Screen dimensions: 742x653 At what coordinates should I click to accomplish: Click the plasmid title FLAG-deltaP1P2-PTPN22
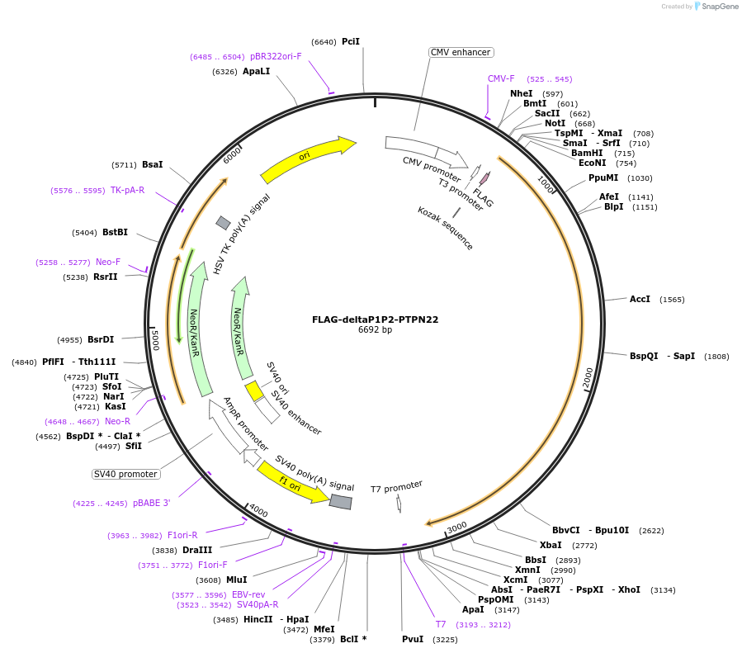(x=375, y=319)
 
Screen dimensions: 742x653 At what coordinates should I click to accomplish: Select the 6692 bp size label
(x=375, y=330)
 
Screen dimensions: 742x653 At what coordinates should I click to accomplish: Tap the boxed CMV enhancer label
(x=461, y=52)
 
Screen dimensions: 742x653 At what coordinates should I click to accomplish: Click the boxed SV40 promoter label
(x=126, y=474)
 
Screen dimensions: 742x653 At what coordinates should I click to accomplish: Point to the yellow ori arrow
(x=307, y=158)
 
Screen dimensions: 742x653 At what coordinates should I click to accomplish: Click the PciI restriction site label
(x=351, y=41)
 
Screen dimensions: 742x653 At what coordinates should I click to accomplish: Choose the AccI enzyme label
(x=640, y=299)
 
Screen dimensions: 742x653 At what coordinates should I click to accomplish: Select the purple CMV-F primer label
(x=501, y=79)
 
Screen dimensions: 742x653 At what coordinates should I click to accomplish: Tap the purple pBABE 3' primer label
(x=151, y=503)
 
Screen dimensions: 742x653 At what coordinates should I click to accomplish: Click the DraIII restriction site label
(x=197, y=550)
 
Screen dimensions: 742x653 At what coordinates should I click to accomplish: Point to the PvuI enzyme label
(x=413, y=639)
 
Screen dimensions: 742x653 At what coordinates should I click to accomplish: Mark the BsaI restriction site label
(x=153, y=164)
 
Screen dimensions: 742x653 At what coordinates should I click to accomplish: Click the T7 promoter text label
(x=396, y=487)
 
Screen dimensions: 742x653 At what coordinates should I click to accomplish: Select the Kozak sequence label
(x=446, y=228)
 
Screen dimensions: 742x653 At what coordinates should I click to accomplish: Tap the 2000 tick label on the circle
(x=588, y=377)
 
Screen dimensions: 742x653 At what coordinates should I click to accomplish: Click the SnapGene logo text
(x=717, y=7)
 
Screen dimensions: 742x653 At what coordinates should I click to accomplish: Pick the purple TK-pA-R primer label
(x=127, y=190)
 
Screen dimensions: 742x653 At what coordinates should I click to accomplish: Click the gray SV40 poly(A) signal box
(x=340, y=501)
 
